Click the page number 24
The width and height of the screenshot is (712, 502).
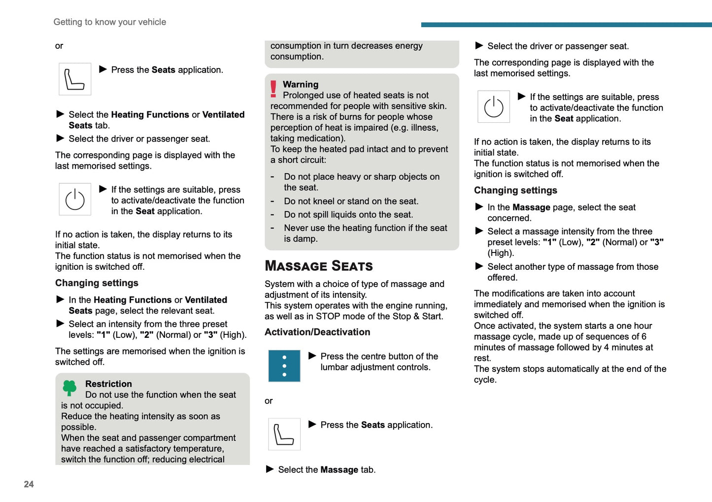(x=29, y=484)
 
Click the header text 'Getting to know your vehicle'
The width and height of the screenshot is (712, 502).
(x=109, y=22)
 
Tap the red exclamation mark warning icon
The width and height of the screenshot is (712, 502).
(x=273, y=89)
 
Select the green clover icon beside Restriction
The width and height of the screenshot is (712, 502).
(x=70, y=388)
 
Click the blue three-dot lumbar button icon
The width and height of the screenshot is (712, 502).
(x=284, y=366)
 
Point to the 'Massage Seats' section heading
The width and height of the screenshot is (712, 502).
(x=318, y=266)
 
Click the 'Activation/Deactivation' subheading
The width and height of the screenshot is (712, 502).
(x=317, y=332)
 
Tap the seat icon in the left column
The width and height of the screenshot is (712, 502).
(x=75, y=79)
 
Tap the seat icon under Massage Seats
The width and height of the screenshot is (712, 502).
(x=284, y=434)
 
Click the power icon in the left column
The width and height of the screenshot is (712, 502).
(x=75, y=200)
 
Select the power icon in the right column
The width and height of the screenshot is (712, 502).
(x=494, y=107)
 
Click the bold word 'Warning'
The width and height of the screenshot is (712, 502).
(x=301, y=84)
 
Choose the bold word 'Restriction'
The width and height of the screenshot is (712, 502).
(x=108, y=384)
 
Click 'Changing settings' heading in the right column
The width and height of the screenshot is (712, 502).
(x=515, y=190)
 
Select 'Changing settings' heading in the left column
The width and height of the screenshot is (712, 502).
(x=97, y=283)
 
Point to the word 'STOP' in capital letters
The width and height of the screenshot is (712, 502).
(x=328, y=317)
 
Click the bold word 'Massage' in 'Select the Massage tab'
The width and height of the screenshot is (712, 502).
(x=339, y=470)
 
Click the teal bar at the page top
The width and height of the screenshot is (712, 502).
(x=566, y=25)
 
